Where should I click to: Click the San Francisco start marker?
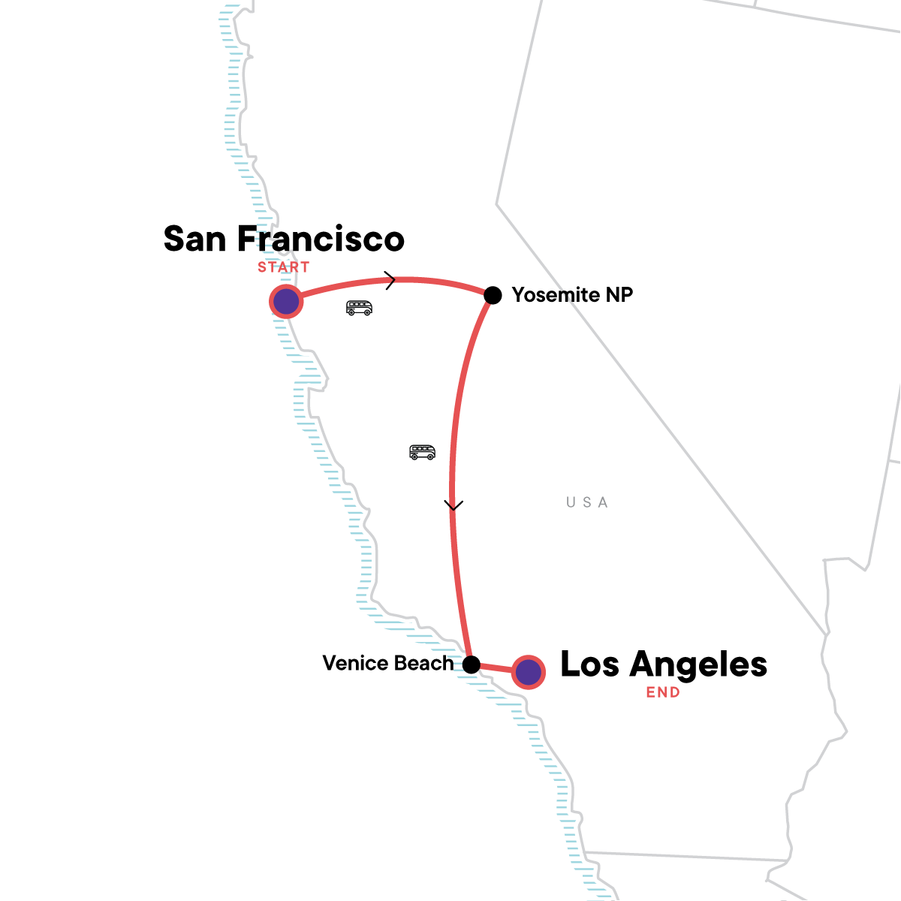(x=286, y=302)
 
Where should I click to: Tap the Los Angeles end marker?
(x=529, y=672)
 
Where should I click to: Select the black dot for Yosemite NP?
(x=493, y=295)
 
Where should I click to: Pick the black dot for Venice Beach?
(x=471, y=664)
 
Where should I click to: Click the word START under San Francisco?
(x=284, y=267)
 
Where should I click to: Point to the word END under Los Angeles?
(x=663, y=693)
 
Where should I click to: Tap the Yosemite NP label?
(x=572, y=295)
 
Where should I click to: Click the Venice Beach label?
(x=388, y=664)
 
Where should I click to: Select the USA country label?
(x=587, y=502)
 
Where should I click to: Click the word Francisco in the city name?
(x=321, y=239)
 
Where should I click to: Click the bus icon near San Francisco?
(x=359, y=308)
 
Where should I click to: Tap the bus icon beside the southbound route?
(x=422, y=452)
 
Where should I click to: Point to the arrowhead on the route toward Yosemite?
(x=390, y=280)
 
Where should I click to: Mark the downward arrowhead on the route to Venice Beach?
(x=452, y=505)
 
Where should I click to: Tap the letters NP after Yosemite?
(x=619, y=295)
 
